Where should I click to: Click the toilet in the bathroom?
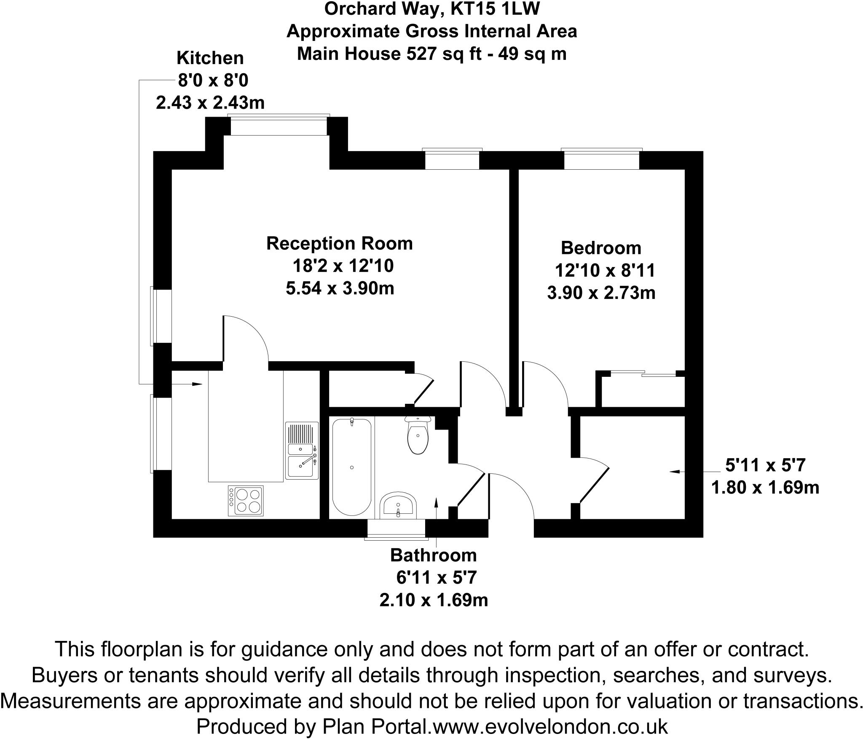pyautogui.click(x=418, y=438)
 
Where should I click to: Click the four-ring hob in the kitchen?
pyautogui.click(x=246, y=501)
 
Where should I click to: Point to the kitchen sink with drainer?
pyautogui.click(x=301, y=451)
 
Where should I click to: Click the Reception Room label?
pyautogui.click(x=339, y=243)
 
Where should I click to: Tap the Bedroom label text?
pyautogui.click(x=601, y=248)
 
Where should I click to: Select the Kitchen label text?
pyautogui.click(x=210, y=58)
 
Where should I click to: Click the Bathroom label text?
pyautogui.click(x=433, y=555)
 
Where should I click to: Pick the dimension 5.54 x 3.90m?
pyautogui.click(x=340, y=288)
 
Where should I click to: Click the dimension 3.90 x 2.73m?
pyautogui.click(x=601, y=293)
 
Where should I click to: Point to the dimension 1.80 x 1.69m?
pyautogui.click(x=765, y=488)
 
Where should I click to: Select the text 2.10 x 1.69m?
pyautogui.click(x=434, y=600)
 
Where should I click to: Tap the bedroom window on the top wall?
pyautogui.click(x=601, y=159)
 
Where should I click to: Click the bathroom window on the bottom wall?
pyautogui.click(x=396, y=529)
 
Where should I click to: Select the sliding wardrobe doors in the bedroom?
pyautogui.click(x=643, y=373)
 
